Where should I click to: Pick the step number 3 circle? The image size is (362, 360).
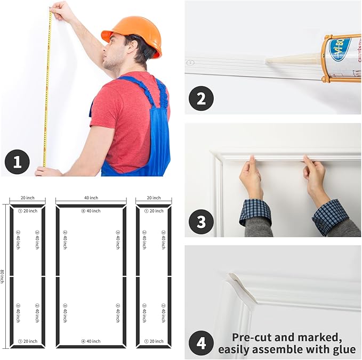click(201, 221)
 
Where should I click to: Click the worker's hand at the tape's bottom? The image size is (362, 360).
click(48, 171)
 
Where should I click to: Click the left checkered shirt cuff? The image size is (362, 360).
click(255, 211)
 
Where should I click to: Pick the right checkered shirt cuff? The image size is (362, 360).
click(330, 216)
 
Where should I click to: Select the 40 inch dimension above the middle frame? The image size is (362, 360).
click(91, 198)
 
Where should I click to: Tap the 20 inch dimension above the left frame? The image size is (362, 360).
click(27, 198)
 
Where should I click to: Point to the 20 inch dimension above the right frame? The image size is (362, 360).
click(153, 198)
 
